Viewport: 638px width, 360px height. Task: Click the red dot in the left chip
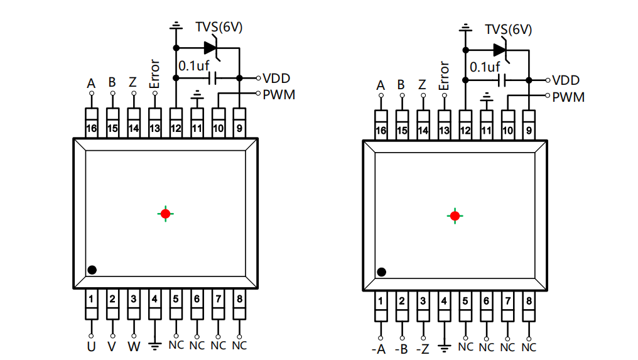(166, 214)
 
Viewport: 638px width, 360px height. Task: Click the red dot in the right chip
(455, 216)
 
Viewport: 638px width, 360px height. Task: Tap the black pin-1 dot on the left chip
(92, 270)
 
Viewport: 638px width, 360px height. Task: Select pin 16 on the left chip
(92, 123)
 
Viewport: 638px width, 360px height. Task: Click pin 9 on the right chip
(529, 125)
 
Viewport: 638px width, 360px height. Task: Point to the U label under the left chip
(91, 347)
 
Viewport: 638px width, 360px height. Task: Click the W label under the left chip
(134, 347)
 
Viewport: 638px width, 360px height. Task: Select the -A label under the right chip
(379, 349)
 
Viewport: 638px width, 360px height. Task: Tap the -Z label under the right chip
(423, 349)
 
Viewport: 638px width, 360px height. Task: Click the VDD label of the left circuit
(276, 78)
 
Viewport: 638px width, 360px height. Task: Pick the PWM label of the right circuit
(568, 97)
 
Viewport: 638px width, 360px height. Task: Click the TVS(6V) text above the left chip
(219, 27)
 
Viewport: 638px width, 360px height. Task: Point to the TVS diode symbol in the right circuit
(500, 50)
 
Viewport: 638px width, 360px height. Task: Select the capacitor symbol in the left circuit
(212, 78)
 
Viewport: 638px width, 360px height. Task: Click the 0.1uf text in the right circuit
(485, 67)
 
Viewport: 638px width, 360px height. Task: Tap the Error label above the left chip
(154, 74)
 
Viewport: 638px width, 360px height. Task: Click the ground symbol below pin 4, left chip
(154, 347)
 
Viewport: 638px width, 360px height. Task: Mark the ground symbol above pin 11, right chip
(486, 97)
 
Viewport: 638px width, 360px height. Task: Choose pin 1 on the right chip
(381, 306)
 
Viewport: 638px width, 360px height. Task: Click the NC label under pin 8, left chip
(239, 346)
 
